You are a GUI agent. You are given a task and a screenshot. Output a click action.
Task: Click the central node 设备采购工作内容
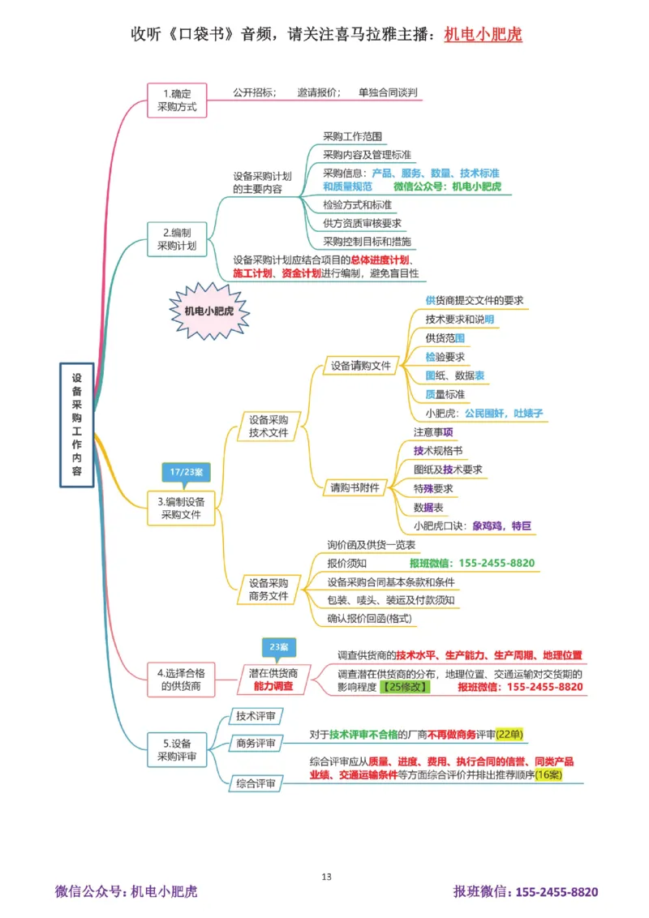(77, 425)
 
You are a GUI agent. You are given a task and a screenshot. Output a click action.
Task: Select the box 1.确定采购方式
(177, 100)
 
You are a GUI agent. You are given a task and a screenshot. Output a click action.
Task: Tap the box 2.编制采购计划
(176, 238)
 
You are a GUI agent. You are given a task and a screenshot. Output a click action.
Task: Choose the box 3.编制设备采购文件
(181, 507)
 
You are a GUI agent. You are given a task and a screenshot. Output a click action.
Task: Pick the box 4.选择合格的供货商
(179, 679)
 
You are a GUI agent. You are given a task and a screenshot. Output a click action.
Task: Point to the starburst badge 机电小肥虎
(207, 311)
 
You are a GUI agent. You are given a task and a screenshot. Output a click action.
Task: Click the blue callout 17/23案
(186, 472)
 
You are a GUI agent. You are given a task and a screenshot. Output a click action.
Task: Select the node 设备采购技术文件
(269, 426)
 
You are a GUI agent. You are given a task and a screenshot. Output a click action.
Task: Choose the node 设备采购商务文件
(269, 589)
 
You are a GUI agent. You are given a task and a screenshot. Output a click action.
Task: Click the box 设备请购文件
(360, 366)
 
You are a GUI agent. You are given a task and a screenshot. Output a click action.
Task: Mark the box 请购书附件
(355, 487)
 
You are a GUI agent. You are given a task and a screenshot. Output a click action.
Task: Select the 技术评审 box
(254, 716)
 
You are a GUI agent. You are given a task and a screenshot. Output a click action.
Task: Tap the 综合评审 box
(254, 783)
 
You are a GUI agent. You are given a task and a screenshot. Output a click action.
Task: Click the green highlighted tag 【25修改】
(405, 687)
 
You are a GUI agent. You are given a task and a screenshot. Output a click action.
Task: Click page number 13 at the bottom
(326, 877)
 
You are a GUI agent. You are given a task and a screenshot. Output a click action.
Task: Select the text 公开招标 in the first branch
(254, 92)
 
